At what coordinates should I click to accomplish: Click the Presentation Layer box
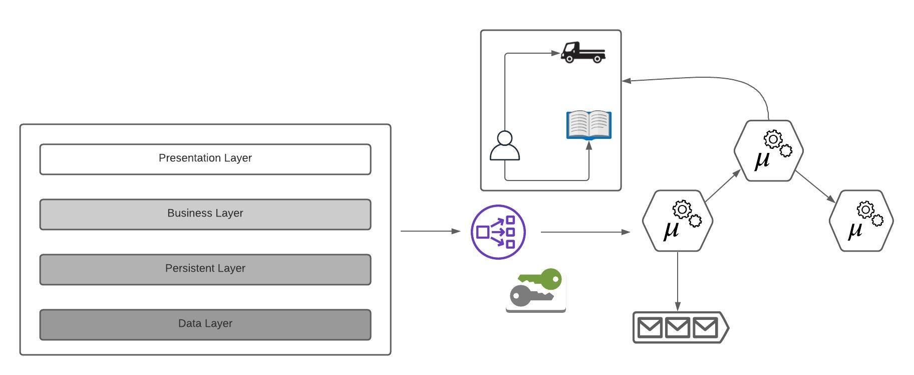205,159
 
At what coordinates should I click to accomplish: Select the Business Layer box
205,215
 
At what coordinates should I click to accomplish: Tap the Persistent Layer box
205,270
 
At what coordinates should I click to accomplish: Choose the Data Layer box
205,325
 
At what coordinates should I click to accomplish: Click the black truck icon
582,53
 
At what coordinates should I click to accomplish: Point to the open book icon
588,125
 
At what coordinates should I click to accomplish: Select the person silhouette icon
505,146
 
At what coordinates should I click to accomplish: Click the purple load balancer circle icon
498,232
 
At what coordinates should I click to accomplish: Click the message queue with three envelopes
680,327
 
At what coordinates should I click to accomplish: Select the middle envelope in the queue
678,328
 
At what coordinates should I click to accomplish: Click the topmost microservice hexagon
768,150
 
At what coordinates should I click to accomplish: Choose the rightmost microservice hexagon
861,221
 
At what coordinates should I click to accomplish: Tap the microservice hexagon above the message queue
677,221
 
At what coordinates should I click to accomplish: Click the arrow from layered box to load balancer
430,231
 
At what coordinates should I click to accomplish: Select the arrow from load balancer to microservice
585,232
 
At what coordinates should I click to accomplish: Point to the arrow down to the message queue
678,281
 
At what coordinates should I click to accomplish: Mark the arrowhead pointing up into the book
589,146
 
